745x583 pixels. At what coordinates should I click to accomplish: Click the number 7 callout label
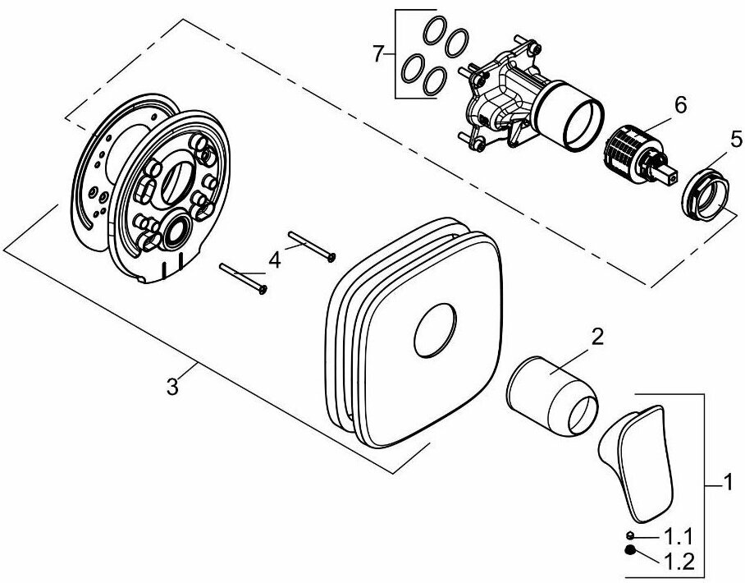377,54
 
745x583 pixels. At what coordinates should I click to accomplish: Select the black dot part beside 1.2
630,552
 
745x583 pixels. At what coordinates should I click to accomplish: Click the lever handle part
637,460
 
